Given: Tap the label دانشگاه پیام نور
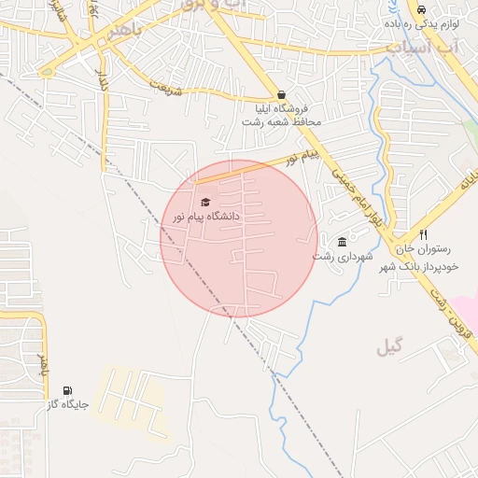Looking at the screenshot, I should pyautogui.click(x=206, y=216).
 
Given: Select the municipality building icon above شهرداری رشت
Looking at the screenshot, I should pyautogui.click(x=342, y=242).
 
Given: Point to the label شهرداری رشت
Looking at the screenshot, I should pyautogui.click(x=343, y=256).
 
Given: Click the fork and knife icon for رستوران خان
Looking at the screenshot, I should pyautogui.click(x=423, y=235).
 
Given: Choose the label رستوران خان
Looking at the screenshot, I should pyautogui.click(x=423, y=249).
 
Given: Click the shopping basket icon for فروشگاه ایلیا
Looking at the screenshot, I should pyautogui.click(x=281, y=94).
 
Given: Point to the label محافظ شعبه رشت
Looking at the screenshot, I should pyautogui.click(x=281, y=122).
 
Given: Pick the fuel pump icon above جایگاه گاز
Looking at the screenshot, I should pyautogui.click(x=66, y=390).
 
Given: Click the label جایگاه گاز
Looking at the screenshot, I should pyautogui.click(x=67, y=404).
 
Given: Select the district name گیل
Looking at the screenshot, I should pyautogui.click(x=393, y=347).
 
